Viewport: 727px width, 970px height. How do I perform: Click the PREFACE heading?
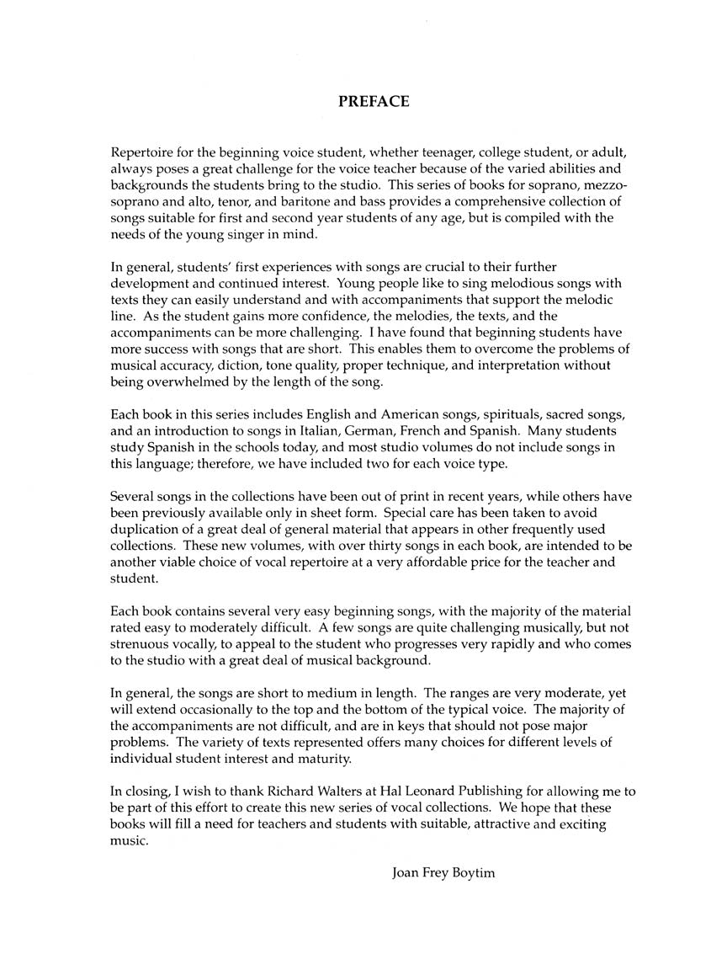pos(374,102)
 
